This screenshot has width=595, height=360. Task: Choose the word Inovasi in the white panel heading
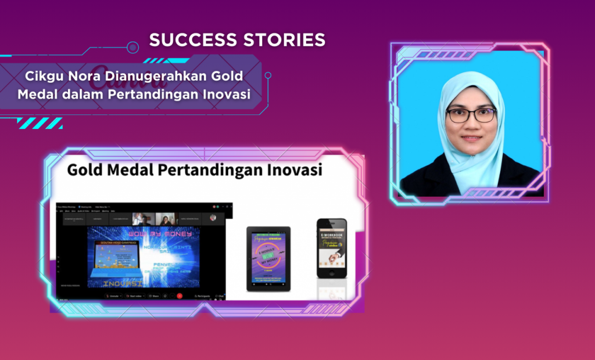[x=295, y=171]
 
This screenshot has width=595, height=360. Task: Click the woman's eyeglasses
[x=471, y=114]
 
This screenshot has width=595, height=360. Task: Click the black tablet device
[x=268, y=258]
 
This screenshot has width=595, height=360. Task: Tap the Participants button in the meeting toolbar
[x=202, y=296]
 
